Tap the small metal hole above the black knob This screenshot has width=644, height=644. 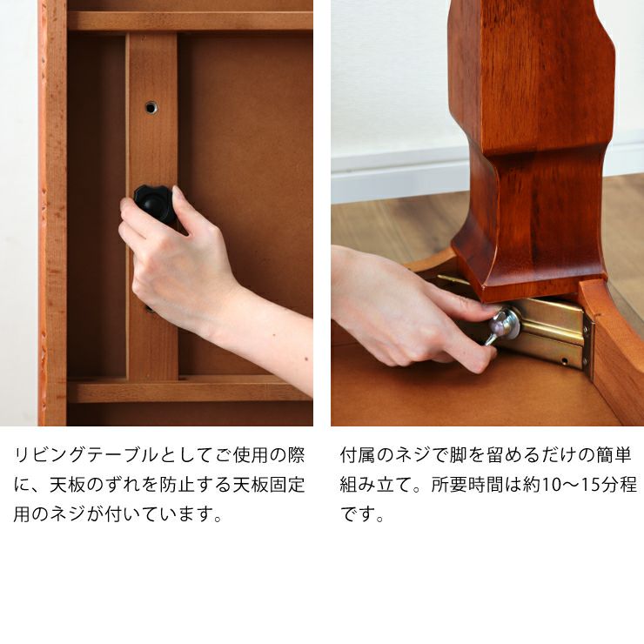point(151,107)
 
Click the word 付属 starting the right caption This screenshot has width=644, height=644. point(359,455)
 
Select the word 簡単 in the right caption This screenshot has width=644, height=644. point(614,455)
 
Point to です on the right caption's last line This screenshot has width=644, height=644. point(359,514)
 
